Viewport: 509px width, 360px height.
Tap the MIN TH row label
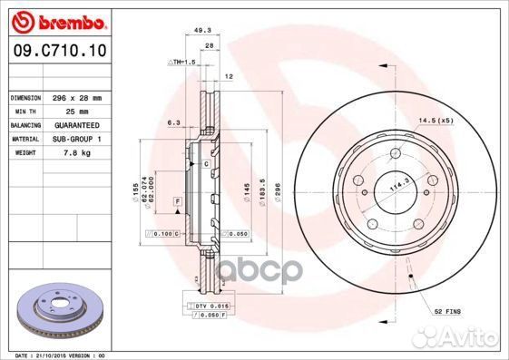(24, 111)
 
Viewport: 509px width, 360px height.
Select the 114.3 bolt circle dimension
(395, 187)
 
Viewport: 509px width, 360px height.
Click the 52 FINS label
(446, 311)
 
